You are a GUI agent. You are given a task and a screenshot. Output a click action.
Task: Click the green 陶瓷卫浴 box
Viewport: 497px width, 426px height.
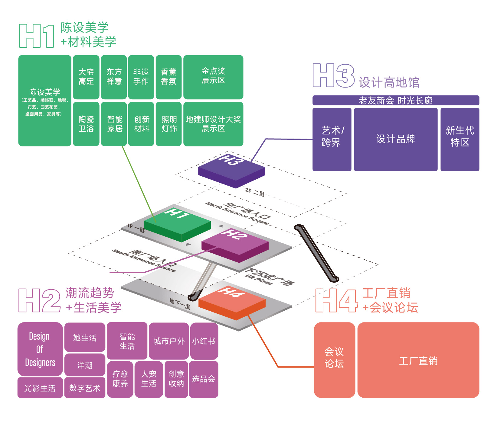coord(86,124)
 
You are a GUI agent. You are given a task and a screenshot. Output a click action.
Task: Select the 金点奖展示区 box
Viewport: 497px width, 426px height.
coord(213,77)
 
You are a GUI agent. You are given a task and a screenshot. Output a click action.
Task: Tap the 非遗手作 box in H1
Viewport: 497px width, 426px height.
coord(141,77)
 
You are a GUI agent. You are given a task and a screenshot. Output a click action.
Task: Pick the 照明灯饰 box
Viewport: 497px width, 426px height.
coord(169,124)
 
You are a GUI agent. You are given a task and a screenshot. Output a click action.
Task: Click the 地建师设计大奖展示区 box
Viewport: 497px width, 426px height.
coord(213,124)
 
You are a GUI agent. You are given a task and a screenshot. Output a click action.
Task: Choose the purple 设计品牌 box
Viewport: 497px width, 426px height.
coord(396,139)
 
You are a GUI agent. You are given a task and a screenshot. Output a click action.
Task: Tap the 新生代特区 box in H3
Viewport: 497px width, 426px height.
coord(460,139)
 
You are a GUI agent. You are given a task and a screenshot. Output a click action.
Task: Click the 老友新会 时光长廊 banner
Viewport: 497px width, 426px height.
coord(396,100)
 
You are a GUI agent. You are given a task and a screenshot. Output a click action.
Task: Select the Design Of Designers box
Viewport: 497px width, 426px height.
coord(40,349)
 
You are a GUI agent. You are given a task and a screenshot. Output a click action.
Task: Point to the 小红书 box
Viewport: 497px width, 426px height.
coord(204,341)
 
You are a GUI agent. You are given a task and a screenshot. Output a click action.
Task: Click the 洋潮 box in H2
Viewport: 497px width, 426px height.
coord(85,365)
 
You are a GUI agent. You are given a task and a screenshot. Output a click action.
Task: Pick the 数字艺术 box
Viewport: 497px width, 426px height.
coord(85,388)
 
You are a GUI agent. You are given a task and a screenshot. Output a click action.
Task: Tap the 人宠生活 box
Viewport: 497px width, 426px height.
coord(149,379)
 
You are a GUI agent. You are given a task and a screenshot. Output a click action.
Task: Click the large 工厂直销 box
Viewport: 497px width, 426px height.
coord(418,360)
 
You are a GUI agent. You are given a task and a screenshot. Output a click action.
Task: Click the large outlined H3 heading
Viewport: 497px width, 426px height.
coord(334,75)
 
